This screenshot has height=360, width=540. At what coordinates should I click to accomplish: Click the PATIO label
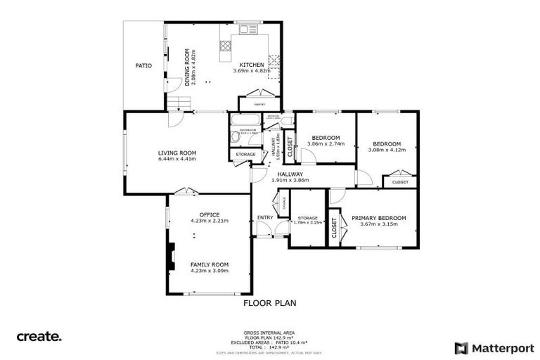pos(143,65)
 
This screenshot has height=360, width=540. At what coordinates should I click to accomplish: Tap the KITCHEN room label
pos(252,65)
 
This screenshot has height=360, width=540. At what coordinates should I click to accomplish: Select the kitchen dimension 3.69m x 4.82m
pos(252,71)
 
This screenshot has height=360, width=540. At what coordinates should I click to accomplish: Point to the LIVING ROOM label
pos(176,153)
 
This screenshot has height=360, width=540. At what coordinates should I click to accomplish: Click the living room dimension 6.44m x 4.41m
pos(176,159)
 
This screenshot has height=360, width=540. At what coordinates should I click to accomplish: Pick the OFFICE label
pos(210,214)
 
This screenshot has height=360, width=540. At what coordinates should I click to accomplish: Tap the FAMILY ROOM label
pos(210,264)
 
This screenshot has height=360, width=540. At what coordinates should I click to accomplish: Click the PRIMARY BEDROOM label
pos(375,218)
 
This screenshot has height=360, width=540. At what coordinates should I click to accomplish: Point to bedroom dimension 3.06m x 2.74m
pos(326,144)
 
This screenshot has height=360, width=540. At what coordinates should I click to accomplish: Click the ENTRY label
pos(265,217)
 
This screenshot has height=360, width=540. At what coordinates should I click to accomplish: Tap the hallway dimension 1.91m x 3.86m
pos(290,180)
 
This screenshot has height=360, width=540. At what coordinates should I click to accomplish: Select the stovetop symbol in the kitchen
pos(227,46)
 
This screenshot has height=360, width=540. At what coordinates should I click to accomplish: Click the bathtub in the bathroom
pos(234,137)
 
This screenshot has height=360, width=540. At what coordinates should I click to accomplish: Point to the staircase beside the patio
pos(179,105)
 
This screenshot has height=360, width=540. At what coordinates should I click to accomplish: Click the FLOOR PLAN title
pos(269,303)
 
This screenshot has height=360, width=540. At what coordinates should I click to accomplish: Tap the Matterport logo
pos(494,347)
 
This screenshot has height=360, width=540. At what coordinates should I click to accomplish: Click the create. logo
pos(39,337)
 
